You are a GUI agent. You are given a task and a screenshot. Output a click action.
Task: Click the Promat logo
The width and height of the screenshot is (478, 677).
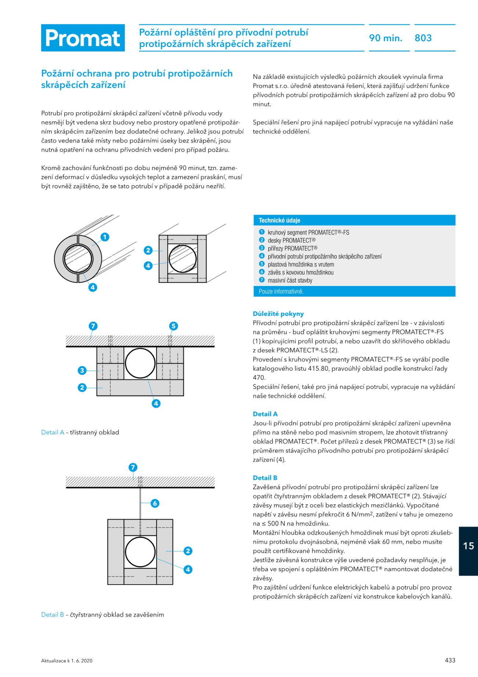click(83, 38)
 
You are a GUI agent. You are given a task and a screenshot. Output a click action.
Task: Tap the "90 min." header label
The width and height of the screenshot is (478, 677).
click(385, 38)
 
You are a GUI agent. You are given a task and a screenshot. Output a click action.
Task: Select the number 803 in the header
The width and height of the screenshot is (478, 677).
click(423, 38)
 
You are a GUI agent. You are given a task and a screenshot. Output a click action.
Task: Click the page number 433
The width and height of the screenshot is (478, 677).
click(450, 660)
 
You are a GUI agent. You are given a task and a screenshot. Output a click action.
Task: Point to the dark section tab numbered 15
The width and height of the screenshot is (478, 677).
click(468, 546)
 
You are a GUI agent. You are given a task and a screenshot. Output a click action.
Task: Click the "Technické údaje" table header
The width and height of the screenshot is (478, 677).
click(279, 220)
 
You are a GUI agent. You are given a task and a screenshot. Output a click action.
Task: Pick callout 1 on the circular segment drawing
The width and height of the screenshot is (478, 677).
click(105, 237)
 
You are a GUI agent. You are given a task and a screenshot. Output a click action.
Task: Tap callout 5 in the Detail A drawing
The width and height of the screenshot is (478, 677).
click(173, 326)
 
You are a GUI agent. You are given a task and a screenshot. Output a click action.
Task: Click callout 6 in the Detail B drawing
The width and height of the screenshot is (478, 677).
click(155, 503)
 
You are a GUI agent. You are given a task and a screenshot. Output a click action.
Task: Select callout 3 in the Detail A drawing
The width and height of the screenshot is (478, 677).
click(82, 370)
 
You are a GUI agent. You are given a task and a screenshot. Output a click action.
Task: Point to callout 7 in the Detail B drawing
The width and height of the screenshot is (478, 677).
click(133, 467)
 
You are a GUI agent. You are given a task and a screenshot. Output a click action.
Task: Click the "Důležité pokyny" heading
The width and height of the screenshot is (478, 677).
click(278, 314)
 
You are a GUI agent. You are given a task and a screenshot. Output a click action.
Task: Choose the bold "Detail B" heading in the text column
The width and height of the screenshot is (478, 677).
click(265, 477)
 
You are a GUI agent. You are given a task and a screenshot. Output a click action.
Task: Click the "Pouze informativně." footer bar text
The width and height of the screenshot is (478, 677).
click(281, 291)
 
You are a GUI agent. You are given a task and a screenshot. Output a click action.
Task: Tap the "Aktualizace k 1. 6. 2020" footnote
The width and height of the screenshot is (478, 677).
click(67, 660)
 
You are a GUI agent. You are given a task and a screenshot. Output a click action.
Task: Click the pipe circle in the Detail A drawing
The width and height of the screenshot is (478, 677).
click(140, 363)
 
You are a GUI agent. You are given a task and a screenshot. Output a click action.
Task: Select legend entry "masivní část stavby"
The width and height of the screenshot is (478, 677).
click(290, 280)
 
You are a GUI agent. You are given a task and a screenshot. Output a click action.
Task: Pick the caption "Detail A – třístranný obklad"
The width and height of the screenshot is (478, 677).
click(80, 432)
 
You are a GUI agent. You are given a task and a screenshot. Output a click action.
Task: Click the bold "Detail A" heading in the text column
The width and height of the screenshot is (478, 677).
click(265, 414)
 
